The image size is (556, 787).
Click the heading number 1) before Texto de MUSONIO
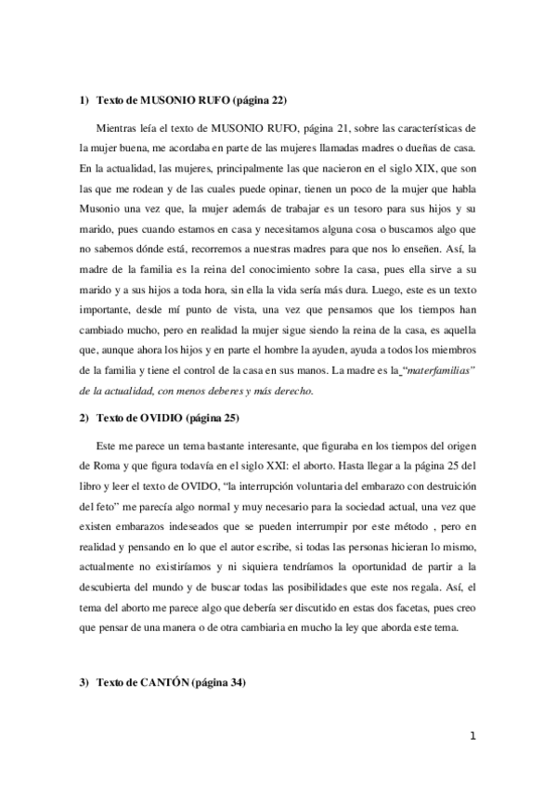[x=84, y=99]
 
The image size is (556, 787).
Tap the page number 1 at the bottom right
[x=472, y=737]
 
